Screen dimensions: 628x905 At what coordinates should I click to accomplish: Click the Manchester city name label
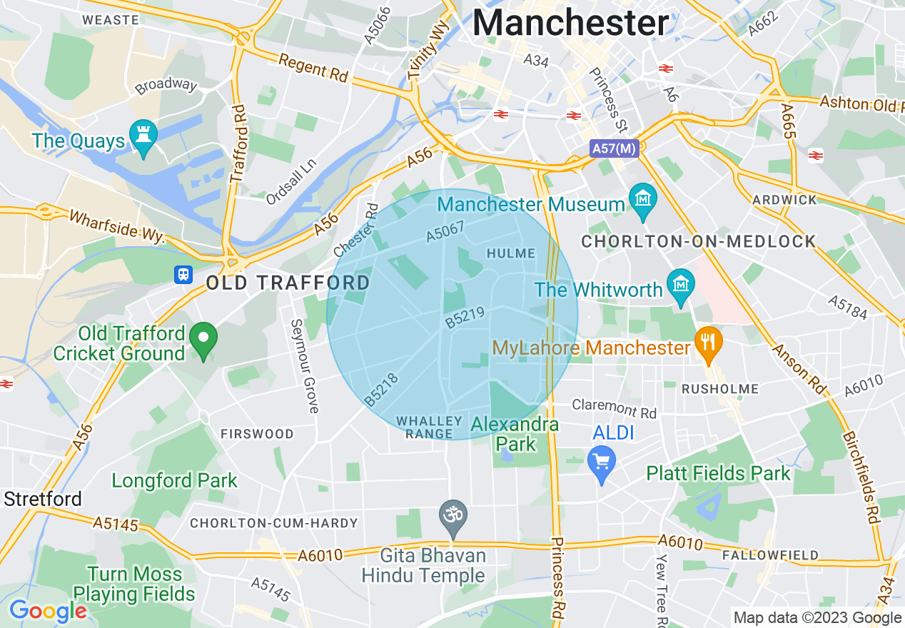pos(571,23)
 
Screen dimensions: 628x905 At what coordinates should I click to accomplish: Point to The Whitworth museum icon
pos(680,285)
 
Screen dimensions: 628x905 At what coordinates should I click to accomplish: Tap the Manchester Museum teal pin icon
pos(644,199)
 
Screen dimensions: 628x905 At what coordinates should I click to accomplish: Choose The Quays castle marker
pos(143,135)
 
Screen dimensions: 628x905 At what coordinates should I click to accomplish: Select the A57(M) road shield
pos(613,148)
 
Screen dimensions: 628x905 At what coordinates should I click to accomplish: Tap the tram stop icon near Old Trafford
pos(183,275)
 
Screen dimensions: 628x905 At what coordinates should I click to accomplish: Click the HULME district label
pos(510,253)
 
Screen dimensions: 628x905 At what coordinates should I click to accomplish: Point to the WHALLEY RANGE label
pos(425,427)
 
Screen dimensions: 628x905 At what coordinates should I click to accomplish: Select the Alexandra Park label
pos(515,435)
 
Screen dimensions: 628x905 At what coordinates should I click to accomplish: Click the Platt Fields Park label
pos(718,473)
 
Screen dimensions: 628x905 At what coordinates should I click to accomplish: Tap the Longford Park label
pos(174,481)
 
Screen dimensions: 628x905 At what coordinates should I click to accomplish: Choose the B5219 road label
pos(465,318)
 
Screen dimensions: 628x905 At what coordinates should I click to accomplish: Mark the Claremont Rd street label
pos(614,408)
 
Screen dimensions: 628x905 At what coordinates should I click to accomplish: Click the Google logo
pos(48,611)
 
